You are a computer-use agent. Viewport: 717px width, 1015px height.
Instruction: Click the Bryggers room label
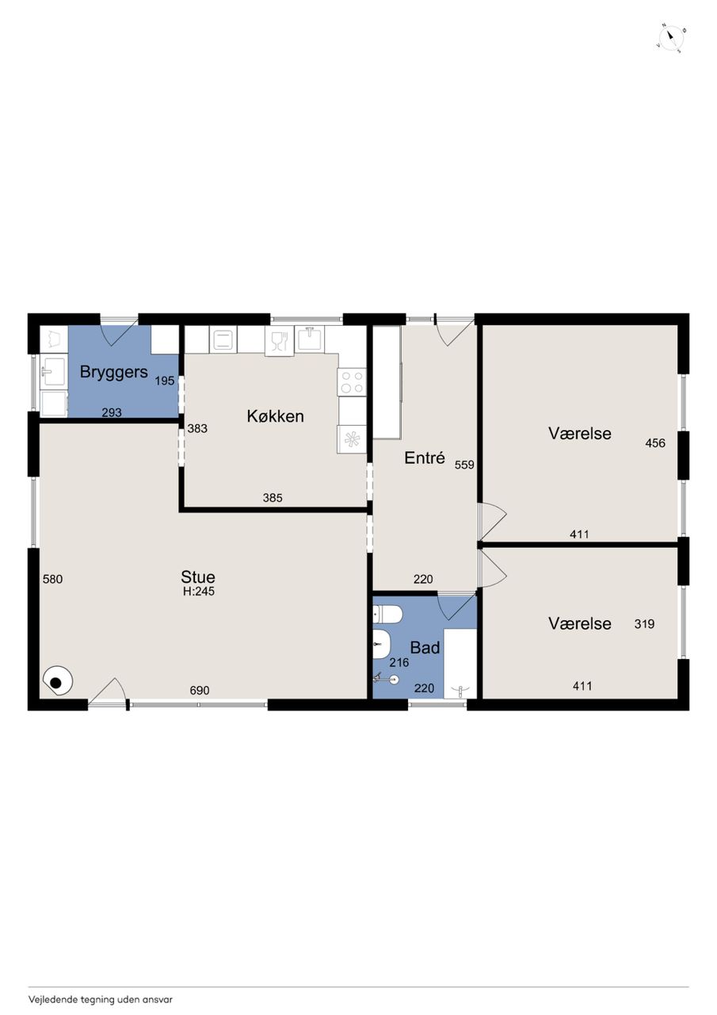113,372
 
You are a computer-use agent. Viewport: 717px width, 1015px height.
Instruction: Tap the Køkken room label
275,416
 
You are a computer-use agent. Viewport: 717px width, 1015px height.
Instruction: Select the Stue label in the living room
198,576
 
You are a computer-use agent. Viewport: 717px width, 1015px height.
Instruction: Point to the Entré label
425,458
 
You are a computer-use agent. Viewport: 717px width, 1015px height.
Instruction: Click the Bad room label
425,648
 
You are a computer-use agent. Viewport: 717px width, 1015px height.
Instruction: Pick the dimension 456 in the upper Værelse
655,442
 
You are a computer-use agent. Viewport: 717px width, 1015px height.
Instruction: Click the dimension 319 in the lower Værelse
644,624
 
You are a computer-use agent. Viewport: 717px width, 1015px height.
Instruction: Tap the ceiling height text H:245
199,591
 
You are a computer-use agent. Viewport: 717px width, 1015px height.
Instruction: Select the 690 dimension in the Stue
199,690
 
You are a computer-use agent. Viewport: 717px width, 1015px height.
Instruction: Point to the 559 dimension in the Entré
464,465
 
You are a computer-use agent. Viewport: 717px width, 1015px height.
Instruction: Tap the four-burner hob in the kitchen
351,381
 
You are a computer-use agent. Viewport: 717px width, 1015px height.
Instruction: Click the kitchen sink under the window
310,339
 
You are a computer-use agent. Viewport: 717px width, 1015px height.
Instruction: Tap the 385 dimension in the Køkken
273,498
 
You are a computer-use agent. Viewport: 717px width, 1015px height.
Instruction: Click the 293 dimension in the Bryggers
112,412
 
